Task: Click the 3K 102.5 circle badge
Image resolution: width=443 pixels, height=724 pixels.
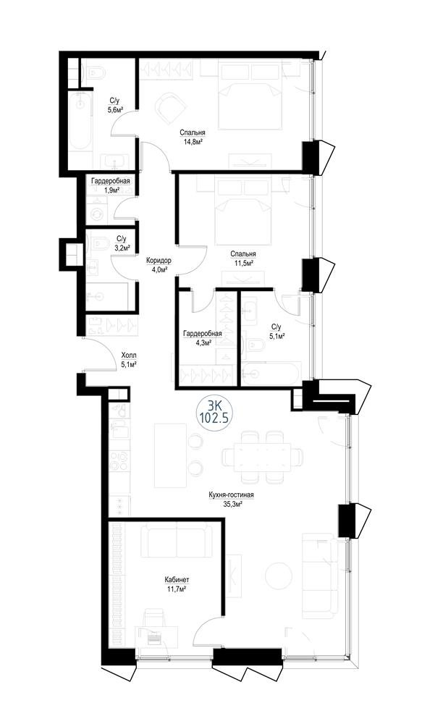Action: pos(214,413)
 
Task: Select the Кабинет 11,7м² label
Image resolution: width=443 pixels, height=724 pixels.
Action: pos(177,584)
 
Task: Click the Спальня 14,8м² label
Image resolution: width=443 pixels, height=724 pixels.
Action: pos(192,137)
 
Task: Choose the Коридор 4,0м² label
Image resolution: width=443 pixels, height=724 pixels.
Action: pos(158,265)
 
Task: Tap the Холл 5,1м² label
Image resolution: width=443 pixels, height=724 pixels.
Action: pos(128,359)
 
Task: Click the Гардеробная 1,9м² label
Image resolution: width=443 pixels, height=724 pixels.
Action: pos(110,185)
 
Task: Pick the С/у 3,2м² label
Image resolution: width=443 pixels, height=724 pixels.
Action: pos(121,243)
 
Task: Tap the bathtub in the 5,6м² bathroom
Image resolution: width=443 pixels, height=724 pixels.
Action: pos(81,121)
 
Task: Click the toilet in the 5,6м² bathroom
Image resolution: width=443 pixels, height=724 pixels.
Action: pos(96,72)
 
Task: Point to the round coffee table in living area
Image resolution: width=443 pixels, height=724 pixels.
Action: pos(278,576)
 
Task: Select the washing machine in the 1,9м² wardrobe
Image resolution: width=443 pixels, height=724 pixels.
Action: pos(98,214)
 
